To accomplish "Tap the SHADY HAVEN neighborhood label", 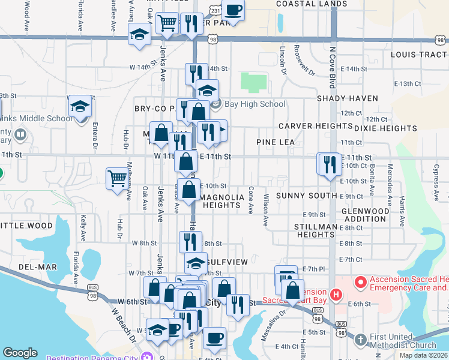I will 348,98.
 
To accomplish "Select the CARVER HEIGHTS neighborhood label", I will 315,126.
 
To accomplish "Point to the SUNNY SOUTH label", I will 306,196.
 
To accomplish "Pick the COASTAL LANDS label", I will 304,4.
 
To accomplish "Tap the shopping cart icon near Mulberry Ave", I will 117,178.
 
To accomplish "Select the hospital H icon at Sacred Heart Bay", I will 336,295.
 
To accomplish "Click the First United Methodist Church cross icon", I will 360,339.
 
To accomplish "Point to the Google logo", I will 20,353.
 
